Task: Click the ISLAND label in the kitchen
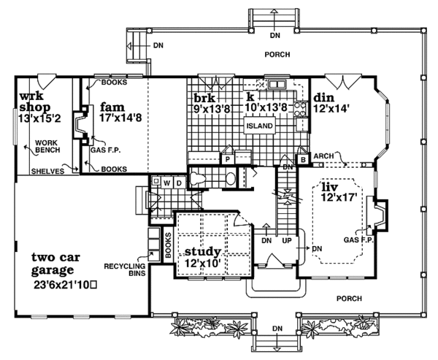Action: (x=259, y=126)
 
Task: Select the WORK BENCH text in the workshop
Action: (x=45, y=148)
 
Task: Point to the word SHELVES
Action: (x=47, y=172)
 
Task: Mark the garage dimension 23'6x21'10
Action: (x=66, y=281)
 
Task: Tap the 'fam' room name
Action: (x=112, y=104)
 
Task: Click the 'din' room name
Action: (x=325, y=97)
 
